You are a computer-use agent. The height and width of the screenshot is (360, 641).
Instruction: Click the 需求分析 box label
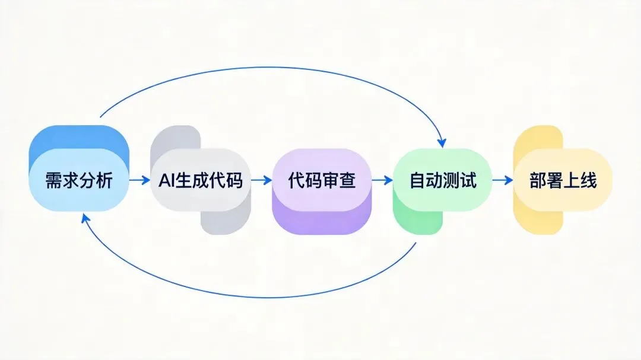click(x=78, y=180)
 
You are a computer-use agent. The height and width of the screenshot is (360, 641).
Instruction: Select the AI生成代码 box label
click(x=201, y=180)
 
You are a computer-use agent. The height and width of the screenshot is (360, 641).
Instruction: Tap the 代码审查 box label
click(x=322, y=180)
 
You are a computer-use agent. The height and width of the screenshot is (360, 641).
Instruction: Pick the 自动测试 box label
click(x=443, y=180)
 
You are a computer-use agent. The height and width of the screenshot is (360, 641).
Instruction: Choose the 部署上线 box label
click(x=563, y=180)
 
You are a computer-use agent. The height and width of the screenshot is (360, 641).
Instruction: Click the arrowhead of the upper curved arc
click(x=441, y=143)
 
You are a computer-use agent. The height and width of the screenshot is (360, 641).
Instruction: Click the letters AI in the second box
click(x=167, y=180)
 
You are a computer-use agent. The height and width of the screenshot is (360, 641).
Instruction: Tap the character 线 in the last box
click(x=588, y=180)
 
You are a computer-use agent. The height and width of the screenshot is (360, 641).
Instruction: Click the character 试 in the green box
click(x=468, y=180)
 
